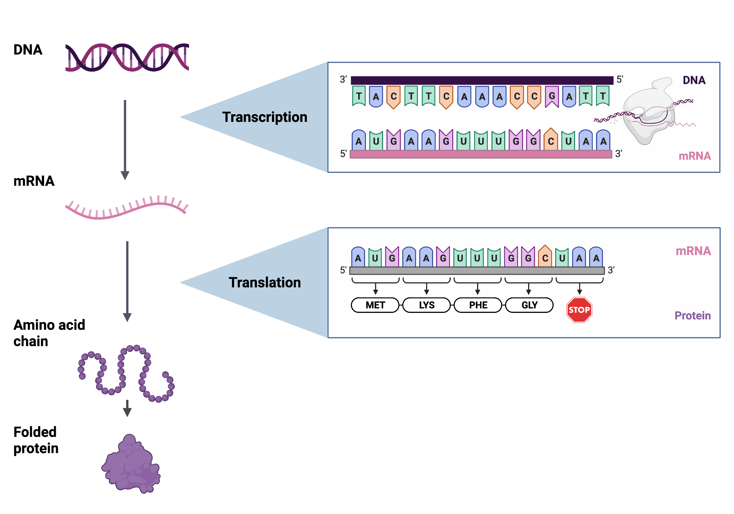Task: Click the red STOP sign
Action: point(579,310)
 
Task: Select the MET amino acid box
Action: point(375,305)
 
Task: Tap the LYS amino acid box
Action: point(426,305)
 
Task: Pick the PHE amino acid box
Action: point(478,305)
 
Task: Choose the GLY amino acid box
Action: point(529,305)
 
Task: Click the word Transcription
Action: point(265,117)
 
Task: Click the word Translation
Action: point(265,282)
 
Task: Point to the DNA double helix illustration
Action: point(127,57)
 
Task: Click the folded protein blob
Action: point(131,465)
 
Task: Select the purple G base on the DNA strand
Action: point(552,97)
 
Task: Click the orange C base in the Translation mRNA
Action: point(545,257)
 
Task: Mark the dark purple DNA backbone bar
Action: point(482,80)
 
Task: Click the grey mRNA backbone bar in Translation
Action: point(477,271)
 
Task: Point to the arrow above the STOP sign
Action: point(579,289)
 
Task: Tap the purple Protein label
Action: point(693,315)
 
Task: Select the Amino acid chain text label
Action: point(49,333)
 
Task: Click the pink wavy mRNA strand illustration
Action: point(127,209)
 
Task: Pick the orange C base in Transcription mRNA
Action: point(551,140)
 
